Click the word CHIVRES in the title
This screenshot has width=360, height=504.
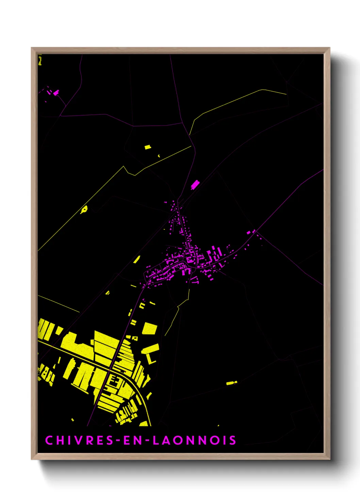pos(79,440)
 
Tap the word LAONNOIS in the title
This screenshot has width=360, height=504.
pos(194,440)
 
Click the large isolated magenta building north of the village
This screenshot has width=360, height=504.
pos(195,185)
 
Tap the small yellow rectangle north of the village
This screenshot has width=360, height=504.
pos(148,147)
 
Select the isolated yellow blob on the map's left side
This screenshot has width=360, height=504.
pos(84,209)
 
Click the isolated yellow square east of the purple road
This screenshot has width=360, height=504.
pos(150,329)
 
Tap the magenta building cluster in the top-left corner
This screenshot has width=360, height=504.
pos(54,92)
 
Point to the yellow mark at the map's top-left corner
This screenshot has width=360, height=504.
pos(40,61)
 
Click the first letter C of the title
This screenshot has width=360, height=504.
pos(49,440)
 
